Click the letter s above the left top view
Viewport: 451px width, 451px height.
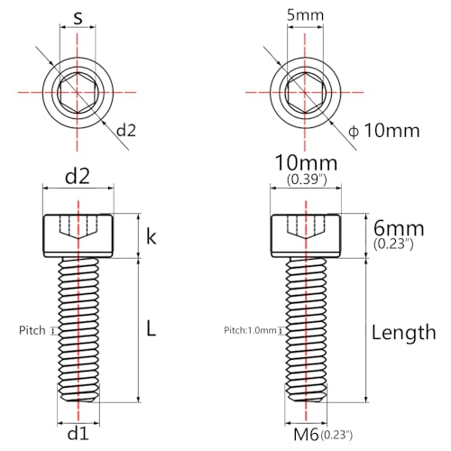(x=78, y=18)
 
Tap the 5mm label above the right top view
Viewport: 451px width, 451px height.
(x=305, y=15)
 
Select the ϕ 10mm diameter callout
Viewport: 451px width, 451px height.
(x=384, y=131)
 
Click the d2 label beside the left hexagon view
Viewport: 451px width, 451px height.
(x=126, y=131)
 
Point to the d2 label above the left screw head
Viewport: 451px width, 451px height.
(x=78, y=176)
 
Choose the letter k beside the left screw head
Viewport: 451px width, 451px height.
(x=152, y=237)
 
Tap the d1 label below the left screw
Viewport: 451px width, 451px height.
(x=78, y=434)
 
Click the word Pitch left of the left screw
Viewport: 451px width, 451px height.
(x=32, y=330)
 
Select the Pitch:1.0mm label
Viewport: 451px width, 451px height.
(x=250, y=330)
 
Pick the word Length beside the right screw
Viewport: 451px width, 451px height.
(x=404, y=333)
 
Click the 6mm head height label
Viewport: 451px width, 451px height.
(x=399, y=228)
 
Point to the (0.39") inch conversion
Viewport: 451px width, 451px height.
(x=307, y=179)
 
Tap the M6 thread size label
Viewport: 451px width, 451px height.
(x=306, y=434)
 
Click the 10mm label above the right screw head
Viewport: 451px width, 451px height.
(x=307, y=163)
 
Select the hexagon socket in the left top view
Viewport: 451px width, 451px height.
(x=78, y=93)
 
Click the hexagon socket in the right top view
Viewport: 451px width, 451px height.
(x=306, y=93)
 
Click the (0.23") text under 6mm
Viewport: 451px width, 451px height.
(x=393, y=244)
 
